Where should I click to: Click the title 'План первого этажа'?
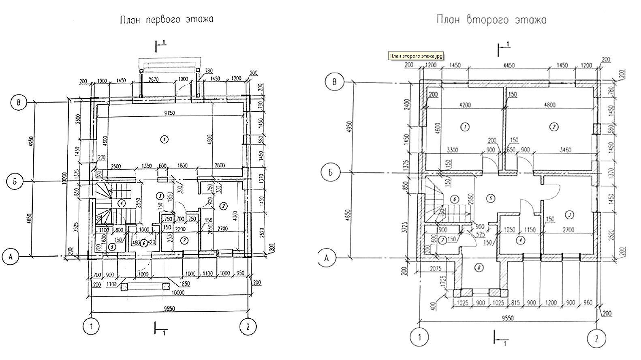pyautogui.click(x=167, y=20)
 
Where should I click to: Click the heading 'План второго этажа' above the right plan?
pyautogui.click(x=491, y=20)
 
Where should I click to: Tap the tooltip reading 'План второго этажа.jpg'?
pyautogui.click(x=416, y=56)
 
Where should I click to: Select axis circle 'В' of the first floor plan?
pyautogui.click(x=18, y=103)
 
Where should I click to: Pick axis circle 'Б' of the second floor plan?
pyautogui.click(x=330, y=173)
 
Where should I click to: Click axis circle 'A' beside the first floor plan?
pyautogui.click(x=11, y=257)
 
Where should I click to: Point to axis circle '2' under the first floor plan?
pyautogui.click(x=248, y=327)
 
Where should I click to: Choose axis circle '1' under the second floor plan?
pyautogui.click(x=419, y=336)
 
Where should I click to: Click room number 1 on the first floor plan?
pyautogui.click(x=164, y=139)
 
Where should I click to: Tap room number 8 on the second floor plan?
pyautogui.click(x=480, y=268)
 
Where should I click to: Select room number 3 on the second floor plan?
pyautogui.click(x=569, y=214)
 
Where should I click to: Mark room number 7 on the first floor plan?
pyautogui.click(x=184, y=240)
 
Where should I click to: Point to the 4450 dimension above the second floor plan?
pyautogui.click(x=509, y=65)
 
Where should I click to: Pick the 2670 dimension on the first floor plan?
pyautogui.click(x=156, y=79)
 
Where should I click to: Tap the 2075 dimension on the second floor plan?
pyautogui.click(x=435, y=268)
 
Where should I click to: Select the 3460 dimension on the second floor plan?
pyautogui.click(x=565, y=150)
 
